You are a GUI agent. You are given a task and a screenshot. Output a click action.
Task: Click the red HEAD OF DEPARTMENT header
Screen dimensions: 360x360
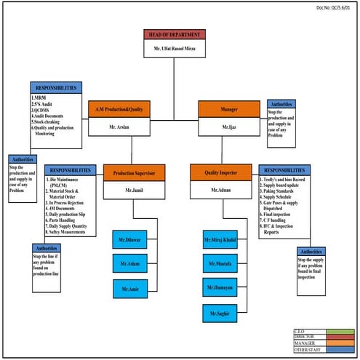click(175, 33)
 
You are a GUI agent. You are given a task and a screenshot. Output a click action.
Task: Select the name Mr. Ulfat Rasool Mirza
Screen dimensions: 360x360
click(175, 47)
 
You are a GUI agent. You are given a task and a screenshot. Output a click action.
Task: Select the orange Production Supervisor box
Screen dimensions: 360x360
click(134, 172)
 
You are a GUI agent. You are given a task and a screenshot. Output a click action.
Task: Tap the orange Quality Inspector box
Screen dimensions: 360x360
click(220, 172)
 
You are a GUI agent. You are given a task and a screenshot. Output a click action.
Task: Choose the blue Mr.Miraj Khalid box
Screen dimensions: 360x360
click(221, 239)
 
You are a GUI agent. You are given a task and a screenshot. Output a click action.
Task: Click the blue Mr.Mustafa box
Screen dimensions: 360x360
click(221, 263)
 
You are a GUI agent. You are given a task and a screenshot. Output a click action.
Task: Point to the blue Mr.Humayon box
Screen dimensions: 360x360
click(221, 288)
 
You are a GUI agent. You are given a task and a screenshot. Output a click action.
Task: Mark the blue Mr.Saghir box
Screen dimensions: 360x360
click(221, 313)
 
